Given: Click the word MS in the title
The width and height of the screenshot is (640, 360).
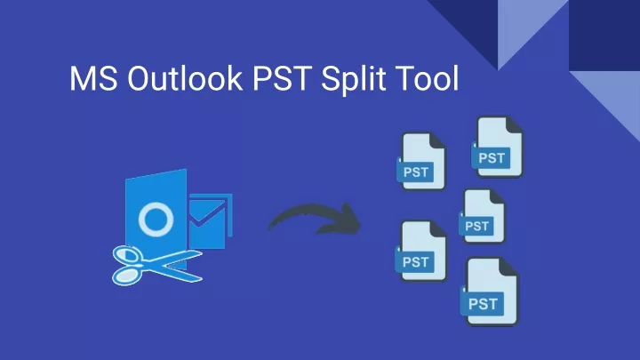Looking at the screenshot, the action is pyautogui.click(x=93, y=78).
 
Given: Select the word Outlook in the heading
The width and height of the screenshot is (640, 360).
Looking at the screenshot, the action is pyautogui.click(x=185, y=77).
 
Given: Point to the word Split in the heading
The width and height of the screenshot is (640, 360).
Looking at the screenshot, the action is pyautogui.click(x=350, y=80).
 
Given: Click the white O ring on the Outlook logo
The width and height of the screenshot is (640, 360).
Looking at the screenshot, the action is pyautogui.click(x=156, y=205).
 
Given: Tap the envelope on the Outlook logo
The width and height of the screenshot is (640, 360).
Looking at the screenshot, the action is pyautogui.click(x=211, y=220).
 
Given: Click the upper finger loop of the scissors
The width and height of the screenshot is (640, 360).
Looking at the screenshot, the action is pyautogui.click(x=127, y=255).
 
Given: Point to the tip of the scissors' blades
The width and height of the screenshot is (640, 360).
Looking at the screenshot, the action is pyautogui.click(x=202, y=255).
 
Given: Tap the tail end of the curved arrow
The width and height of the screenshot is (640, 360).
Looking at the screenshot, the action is pyautogui.click(x=270, y=228).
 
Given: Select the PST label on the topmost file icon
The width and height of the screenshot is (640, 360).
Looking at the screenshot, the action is pyautogui.click(x=492, y=158).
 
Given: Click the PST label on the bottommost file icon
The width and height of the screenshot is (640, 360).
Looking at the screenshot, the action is pyautogui.click(x=483, y=304).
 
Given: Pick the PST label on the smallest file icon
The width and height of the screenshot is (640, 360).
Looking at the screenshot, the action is pyautogui.click(x=476, y=226).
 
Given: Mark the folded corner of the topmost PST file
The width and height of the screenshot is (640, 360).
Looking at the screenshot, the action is pyautogui.click(x=513, y=124).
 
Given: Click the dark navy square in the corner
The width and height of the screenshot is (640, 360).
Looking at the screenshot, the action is pyautogui.click(x=604, y=35).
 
